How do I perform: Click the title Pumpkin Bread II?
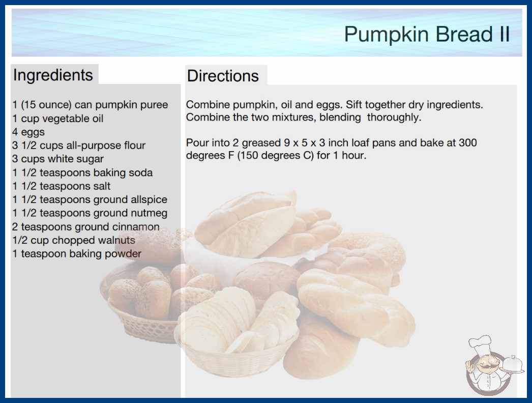click(427, 34)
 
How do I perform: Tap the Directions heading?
click(223, 76)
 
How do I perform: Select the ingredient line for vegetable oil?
click(57, 119)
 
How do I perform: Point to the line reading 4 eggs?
click(28, 132)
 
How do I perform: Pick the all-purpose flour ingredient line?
click(79, 146)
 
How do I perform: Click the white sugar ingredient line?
click(58, 159)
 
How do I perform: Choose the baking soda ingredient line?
click(82, 173)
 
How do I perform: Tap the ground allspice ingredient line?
click(90, 199)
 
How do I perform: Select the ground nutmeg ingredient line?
click(90, 213)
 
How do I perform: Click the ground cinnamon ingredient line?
click(86, 227)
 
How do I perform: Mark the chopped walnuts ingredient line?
click(74, 240)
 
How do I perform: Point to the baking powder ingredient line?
click(77, 254)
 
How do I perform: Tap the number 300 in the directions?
click(468, 142)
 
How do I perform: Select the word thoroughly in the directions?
click(394, 118)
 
